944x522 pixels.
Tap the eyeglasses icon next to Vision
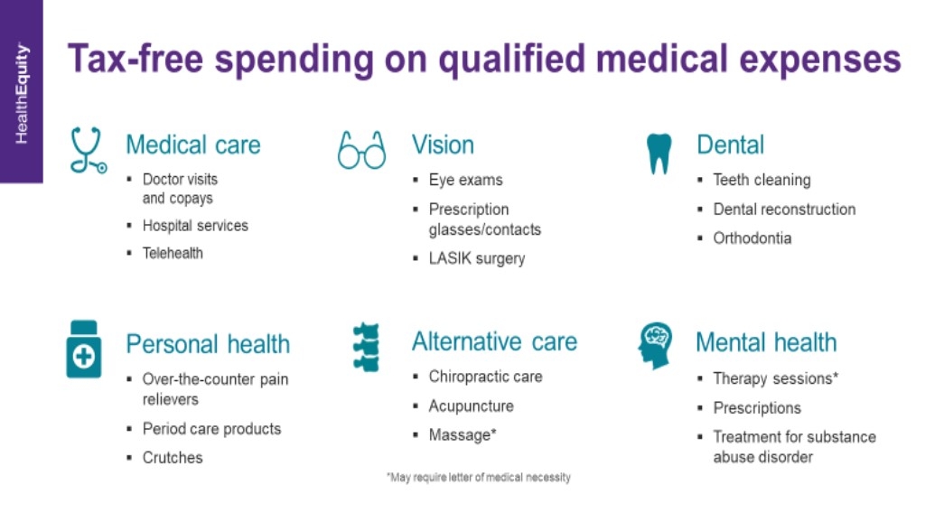click(x=361, y=150)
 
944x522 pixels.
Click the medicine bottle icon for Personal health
click(x=84, y=350)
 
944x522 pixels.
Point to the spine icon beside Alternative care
click(x=367, y=347)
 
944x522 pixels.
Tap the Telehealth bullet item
click(x=173, y=253)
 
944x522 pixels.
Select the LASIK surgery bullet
click(x=476, y=258)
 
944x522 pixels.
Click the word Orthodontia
click(x=752, y=238)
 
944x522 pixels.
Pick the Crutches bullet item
click(x=173, y=458)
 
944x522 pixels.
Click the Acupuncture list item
click(x=471, y=406)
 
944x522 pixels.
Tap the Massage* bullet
click(x=463, y=435)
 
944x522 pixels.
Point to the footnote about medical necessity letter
click(x=478, y=478)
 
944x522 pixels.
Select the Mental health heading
click(x=766, y=343)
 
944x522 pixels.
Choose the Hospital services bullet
click(x=195, y=226)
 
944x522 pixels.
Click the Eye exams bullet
click(x=465, y=180)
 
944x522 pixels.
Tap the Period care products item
click(x=211, y=429)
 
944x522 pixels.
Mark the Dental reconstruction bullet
click(x=784, y=210)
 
